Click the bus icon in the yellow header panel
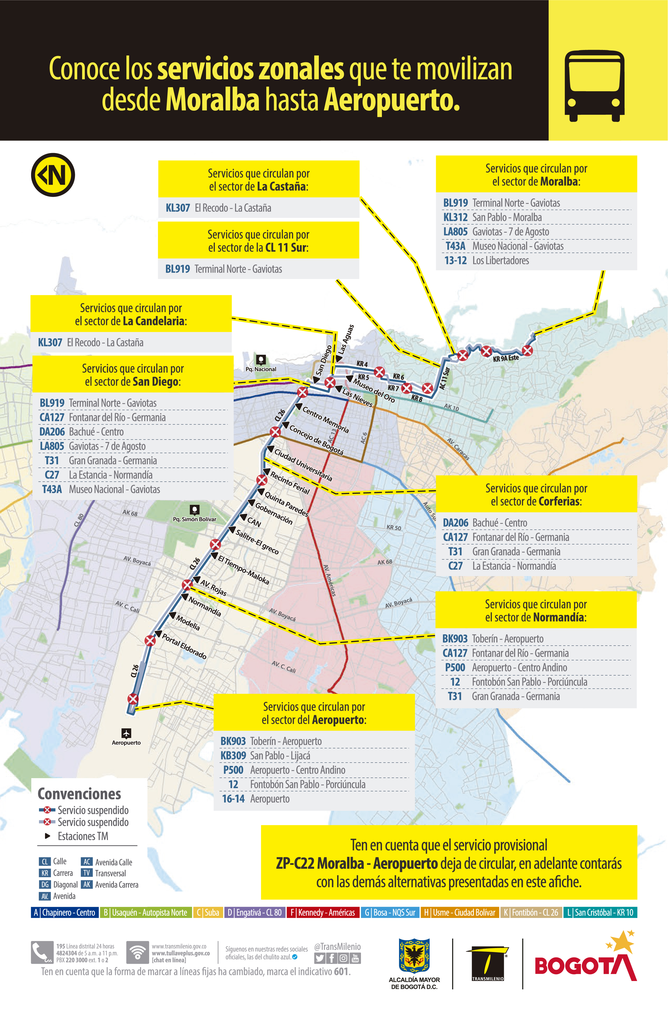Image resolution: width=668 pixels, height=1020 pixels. [594, 86]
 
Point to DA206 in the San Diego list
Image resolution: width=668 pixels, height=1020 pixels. [52, 431]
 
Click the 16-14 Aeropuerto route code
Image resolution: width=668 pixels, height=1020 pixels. [233, 798]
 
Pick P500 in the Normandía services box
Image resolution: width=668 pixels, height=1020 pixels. [455, 667]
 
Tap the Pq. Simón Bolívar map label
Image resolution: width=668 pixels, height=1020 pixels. [195, 519]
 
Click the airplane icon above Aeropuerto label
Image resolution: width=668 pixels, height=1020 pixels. [126, 733]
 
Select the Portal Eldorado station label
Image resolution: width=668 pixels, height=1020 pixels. [184, 646]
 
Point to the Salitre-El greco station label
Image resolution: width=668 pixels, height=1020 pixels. [257, 542]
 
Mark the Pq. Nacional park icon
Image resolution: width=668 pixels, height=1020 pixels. [261, 359]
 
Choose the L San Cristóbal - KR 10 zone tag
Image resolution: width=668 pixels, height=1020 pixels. [600, 912]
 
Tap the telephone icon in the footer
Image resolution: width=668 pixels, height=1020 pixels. [41, 952]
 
